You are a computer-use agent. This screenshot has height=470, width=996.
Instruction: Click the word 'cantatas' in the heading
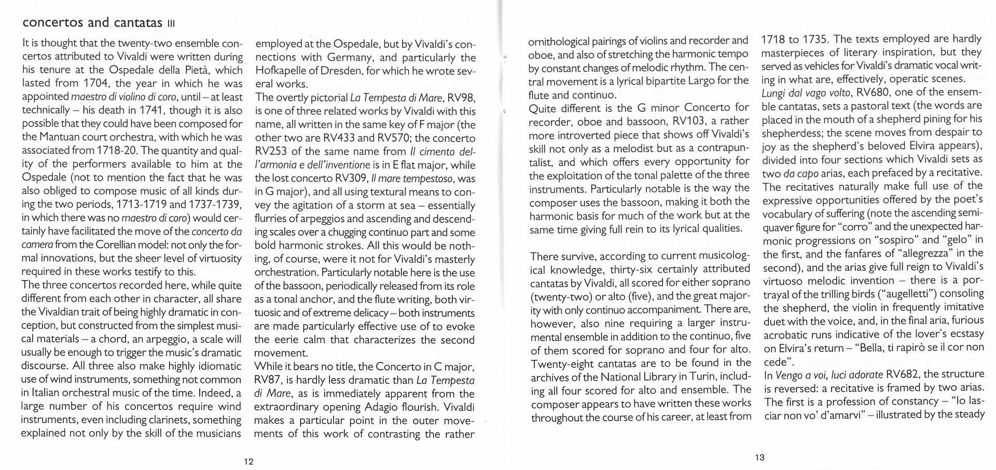[138, 23]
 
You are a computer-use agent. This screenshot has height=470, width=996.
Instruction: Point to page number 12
[248, 462]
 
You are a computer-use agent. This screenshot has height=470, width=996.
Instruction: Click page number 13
[759, 458]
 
